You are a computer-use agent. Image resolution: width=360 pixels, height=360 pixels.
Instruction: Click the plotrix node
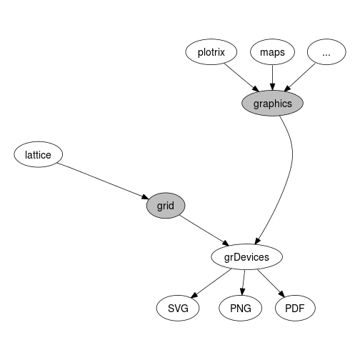211,52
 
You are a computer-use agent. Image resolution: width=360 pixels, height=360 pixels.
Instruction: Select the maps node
272,52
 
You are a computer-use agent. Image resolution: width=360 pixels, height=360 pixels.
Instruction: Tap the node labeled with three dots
326,52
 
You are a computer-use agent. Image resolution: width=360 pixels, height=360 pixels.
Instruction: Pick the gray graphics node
272,104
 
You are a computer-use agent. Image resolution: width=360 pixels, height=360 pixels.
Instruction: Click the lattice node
38,154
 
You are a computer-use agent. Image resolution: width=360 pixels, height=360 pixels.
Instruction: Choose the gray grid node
166,206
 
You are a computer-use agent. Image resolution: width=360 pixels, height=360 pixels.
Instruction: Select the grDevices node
247,257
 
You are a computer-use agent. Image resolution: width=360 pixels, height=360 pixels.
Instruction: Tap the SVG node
178,308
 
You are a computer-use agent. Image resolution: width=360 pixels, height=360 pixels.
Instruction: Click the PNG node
241,308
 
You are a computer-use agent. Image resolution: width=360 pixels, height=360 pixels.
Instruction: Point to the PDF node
295,308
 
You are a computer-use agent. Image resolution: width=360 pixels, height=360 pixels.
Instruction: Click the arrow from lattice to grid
103,181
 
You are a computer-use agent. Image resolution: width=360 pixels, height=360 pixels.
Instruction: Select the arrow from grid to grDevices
204,230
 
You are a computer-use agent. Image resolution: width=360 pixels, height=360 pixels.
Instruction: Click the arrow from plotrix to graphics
241,78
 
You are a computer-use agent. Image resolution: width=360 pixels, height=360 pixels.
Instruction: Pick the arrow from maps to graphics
273,78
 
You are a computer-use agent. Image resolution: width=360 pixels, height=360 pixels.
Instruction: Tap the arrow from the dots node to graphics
300,77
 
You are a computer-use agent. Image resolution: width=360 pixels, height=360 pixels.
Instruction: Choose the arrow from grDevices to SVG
211,284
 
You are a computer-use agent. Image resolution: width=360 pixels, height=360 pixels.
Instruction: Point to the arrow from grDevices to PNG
244,283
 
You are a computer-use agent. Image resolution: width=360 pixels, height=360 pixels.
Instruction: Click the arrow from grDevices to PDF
271,284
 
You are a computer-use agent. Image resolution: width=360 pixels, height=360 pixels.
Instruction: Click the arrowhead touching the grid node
146,197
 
